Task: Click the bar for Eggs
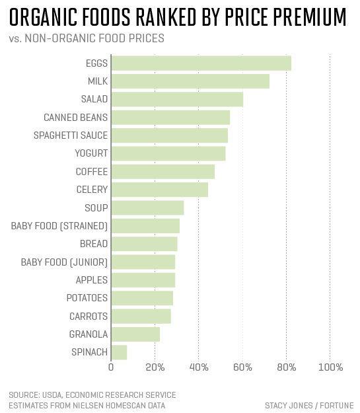[201, 63]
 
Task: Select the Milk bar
[190, 81]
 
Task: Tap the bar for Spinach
[119, 352]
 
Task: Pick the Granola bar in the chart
[135, 334]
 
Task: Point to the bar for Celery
[159, 190]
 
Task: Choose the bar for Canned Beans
[170, 118]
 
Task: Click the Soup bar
[147, 208]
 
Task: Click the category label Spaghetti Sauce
[71, 135]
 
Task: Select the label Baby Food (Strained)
[59, 226]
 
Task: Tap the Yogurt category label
[92, 154]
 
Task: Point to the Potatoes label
[87, 298]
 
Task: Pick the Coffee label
[92, 172]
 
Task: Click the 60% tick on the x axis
[242, 367]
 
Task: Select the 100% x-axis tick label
[330, 367]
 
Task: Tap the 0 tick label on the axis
[111, 367]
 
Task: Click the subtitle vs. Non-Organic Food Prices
[87, 38]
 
